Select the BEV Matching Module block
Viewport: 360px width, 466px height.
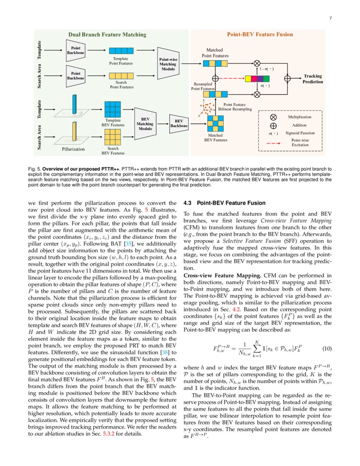tap(145, 122)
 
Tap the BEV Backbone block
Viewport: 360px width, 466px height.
tap(179, 123)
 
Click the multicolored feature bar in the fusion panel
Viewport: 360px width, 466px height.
tap(257, 78)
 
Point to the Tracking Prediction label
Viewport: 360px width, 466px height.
tap(313, 79)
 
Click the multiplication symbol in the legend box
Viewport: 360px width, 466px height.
tap(274, 116)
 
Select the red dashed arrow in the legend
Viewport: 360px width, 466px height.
tap(274, 143)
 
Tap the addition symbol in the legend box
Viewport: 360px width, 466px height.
tap(274, 125)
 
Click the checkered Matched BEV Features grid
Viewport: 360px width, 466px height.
tap(216, 124)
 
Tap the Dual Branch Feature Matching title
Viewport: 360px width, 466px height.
tap(107, 35)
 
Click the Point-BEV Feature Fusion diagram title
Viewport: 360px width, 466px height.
tap(260, 35)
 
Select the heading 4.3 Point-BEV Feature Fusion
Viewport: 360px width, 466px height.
tap(224, 203)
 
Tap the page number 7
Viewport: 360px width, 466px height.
tap(330, 18)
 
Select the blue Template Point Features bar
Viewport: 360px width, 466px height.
tap(121, 51)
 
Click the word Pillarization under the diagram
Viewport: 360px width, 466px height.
tap(73, 149)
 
